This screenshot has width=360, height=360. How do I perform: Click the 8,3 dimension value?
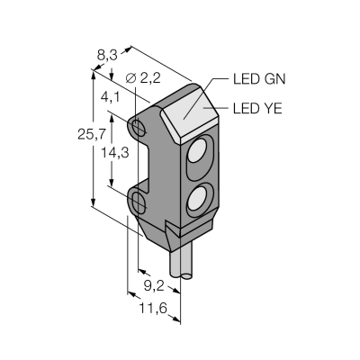pos(107,56)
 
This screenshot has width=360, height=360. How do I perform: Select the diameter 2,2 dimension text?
pos(143,78)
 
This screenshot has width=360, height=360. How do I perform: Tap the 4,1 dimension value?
pos(110,97)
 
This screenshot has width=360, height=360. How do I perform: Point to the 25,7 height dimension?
pos(92,135)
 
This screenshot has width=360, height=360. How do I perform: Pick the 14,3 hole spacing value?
pos(115,153)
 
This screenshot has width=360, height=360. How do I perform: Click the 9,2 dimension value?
pos(154,286)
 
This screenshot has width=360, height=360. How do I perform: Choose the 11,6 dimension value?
pos(153,308)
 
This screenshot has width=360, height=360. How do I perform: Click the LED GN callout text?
pos(259,79)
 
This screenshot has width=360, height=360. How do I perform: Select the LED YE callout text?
pos(257,108)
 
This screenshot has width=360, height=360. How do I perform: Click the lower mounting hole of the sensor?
pos(139,202)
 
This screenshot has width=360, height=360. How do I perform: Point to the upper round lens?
pos(196,150)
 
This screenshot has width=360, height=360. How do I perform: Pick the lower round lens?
pos(196,198)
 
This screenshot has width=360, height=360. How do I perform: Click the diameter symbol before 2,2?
pos(130,78)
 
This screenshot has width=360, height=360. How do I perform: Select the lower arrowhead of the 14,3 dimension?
pos(112,183)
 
